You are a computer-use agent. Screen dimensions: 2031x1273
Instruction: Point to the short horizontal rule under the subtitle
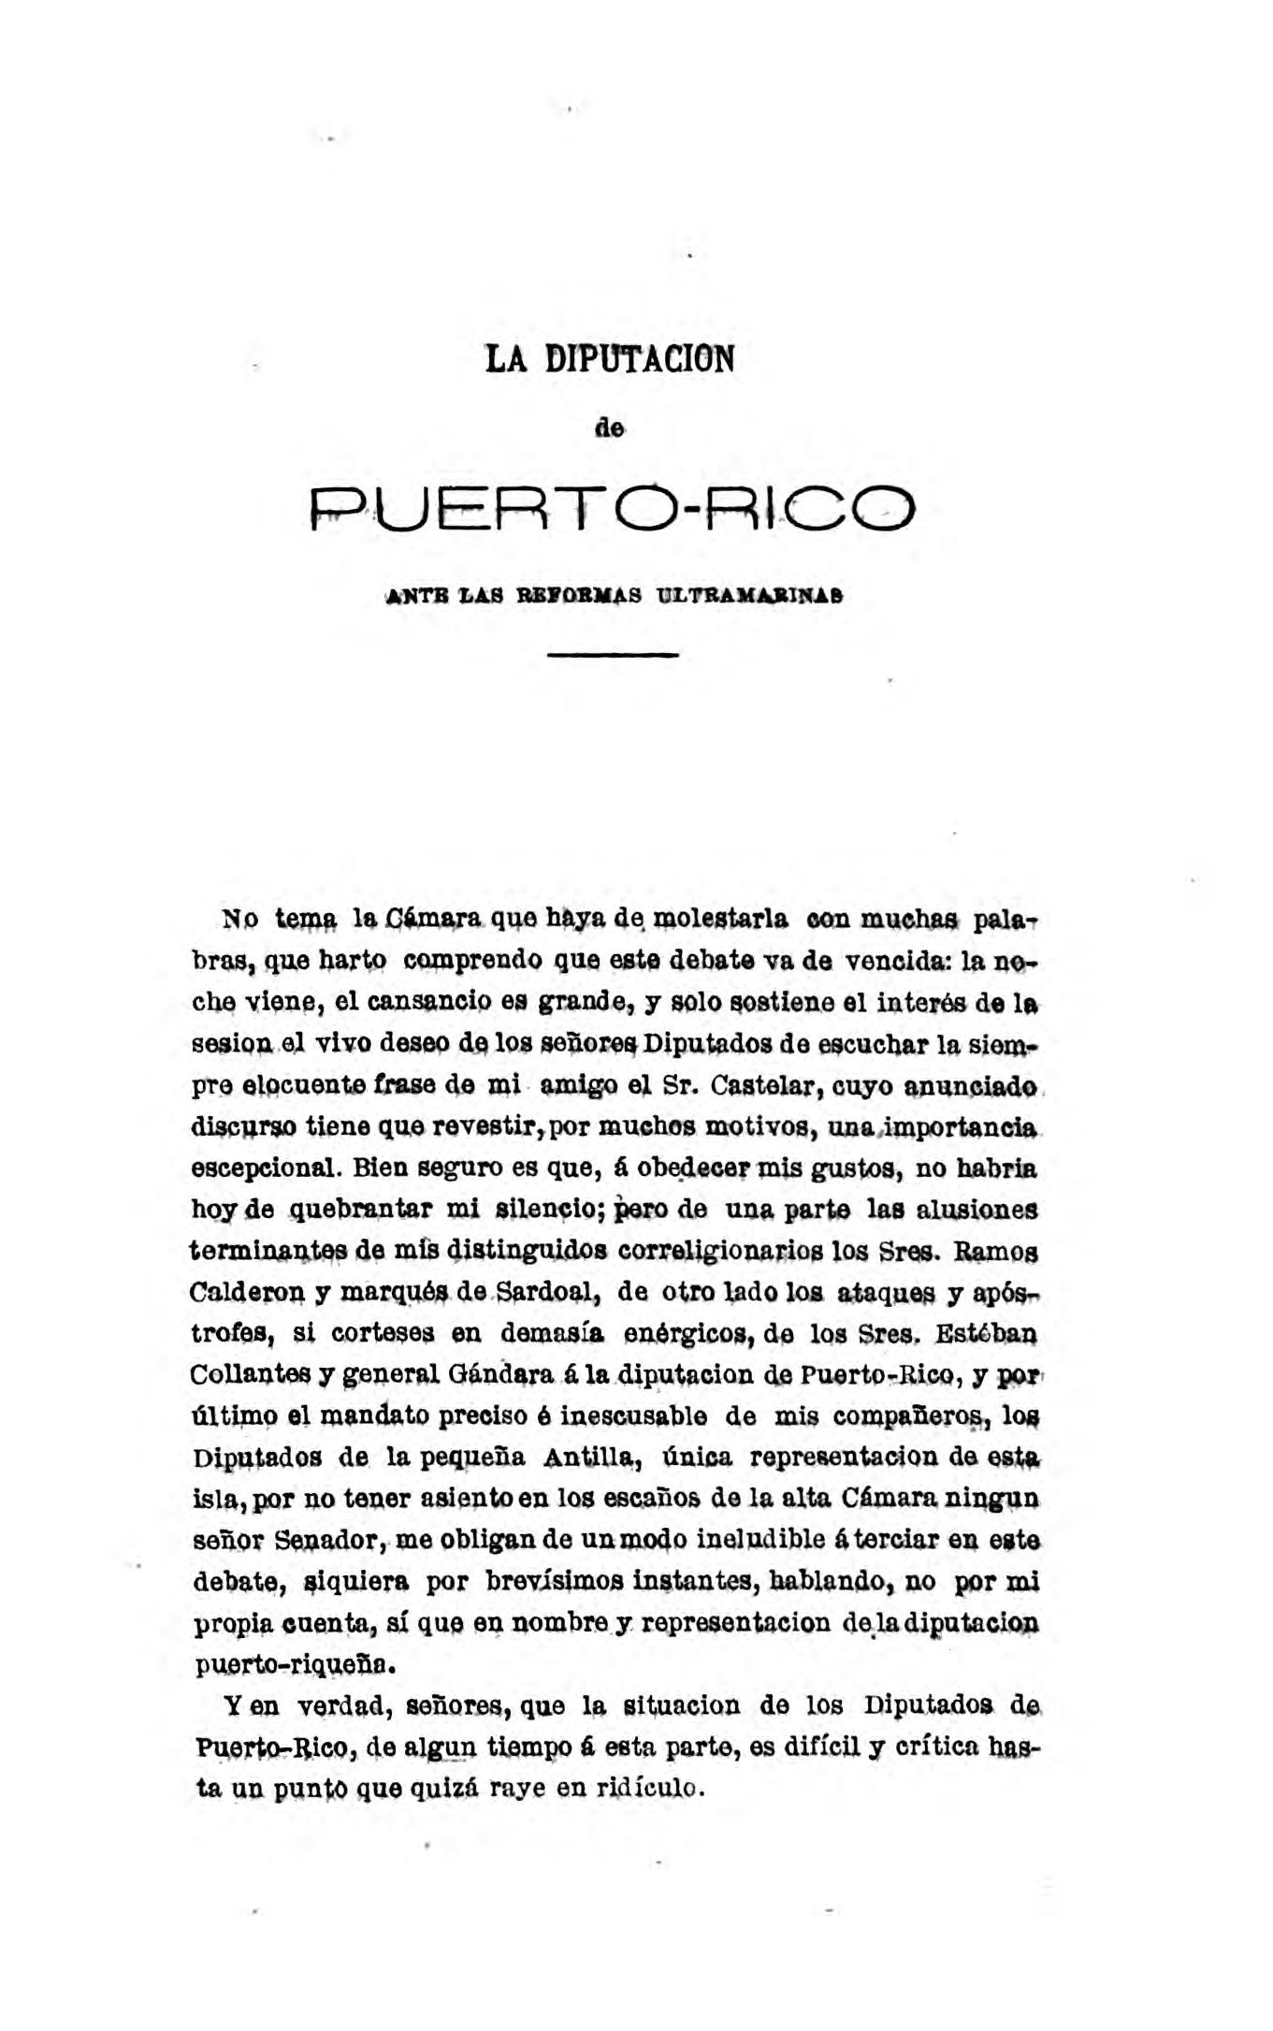click(x=612, y=655)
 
